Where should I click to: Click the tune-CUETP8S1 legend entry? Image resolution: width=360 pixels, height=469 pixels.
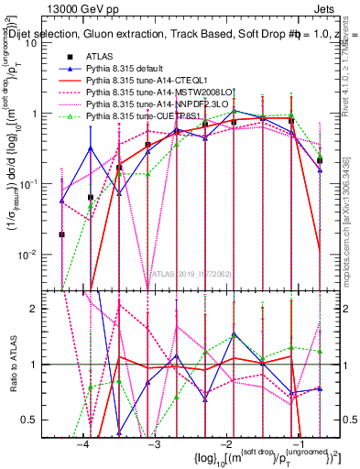[138, 115]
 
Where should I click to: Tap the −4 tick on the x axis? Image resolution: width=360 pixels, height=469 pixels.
[83, 442]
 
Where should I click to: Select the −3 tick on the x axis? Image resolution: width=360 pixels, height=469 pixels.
[154, 442]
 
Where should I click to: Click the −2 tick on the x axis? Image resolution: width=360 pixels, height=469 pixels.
[224, 442]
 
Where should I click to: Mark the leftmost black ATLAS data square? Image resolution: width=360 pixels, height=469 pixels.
[62, 234]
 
